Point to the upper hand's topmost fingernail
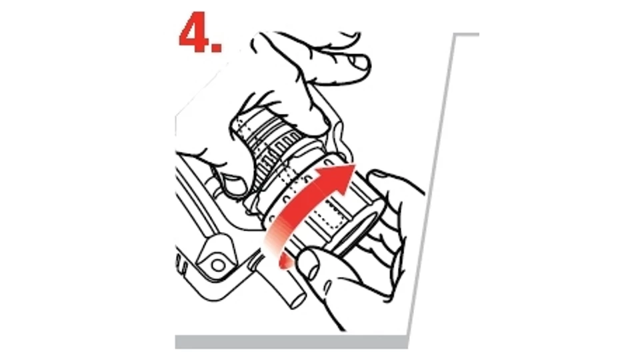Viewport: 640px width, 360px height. tap(359, 63)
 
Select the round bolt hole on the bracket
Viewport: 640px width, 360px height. tap(218, 265)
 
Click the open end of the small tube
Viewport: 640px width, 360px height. tap(298, 301)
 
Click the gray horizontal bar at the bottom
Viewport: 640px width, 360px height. tap(291, 342)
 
